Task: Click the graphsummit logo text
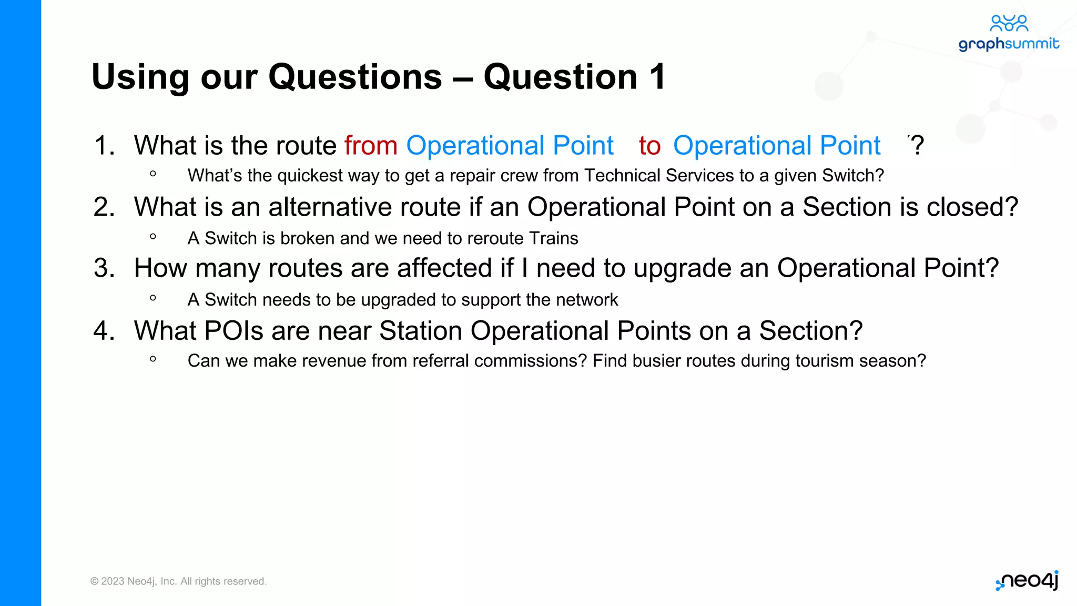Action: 1008,44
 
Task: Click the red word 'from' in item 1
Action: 371,145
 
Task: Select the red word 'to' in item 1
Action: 649,146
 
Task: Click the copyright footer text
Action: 178,581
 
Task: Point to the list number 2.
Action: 104,207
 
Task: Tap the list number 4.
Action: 104,331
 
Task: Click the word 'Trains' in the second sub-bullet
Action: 553,238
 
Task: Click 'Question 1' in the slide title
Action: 574,77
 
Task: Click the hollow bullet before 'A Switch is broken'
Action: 153,237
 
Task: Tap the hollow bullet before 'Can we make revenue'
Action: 153,359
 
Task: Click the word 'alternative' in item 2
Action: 330,207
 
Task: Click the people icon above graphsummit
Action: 1009,23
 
